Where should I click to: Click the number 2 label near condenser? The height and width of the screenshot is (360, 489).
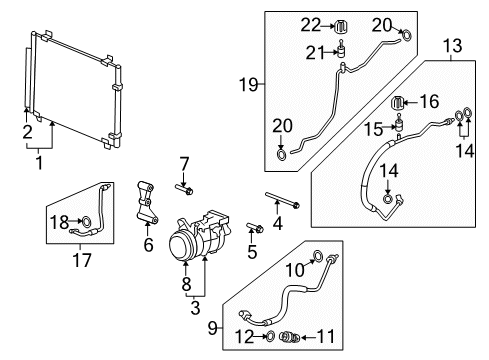[x=28, y=130]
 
